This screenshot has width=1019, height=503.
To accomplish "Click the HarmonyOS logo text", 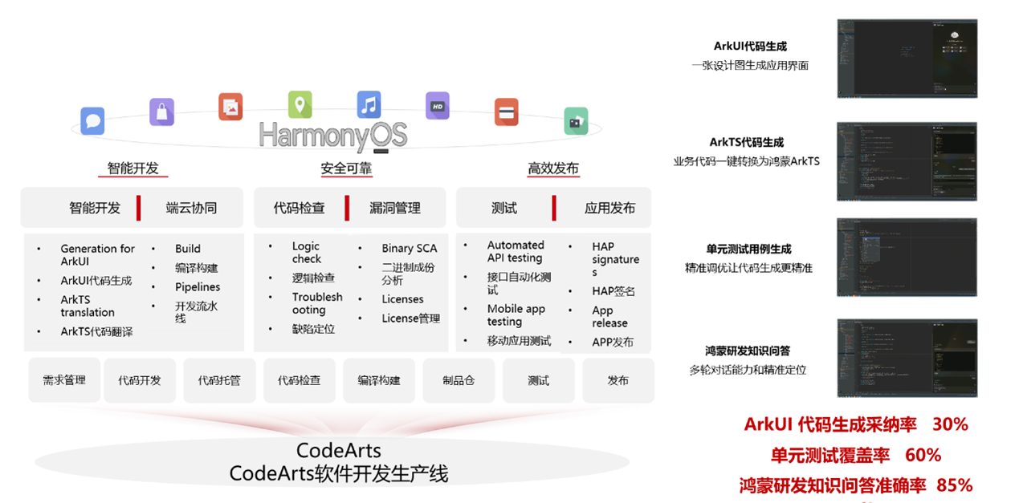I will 332,135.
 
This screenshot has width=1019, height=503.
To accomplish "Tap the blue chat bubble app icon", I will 92,121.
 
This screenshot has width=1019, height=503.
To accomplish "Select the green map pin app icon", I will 300,104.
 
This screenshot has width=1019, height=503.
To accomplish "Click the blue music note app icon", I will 369,104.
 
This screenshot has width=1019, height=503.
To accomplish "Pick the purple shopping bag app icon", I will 161,112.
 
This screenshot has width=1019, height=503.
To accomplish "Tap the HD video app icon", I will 437,106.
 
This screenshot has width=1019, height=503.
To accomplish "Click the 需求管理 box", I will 64,380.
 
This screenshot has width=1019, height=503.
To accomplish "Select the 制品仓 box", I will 459,380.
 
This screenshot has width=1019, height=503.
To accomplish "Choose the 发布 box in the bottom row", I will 618,380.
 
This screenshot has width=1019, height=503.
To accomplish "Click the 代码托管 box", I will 219,380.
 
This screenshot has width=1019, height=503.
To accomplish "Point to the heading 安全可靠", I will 346,168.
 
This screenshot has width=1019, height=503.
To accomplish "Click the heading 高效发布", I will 552,168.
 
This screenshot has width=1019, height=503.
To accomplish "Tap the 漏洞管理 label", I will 395,208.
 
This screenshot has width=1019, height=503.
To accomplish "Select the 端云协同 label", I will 191,208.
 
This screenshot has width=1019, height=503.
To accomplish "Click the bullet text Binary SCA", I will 410,249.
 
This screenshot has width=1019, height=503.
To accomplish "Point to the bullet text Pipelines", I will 198,286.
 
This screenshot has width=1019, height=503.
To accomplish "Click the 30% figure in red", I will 950,424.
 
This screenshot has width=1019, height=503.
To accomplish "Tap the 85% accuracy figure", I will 954,485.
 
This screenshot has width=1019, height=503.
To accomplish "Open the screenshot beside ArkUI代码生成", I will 907,58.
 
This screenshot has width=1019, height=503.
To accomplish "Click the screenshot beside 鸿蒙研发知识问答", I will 907,358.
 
